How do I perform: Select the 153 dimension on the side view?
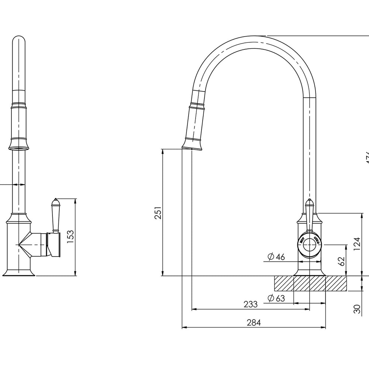click(70, 237)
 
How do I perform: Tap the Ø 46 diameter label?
click(276, 257)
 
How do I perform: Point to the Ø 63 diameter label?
click(276, 299)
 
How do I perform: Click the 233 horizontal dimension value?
click(251, 304)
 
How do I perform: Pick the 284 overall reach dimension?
click(254, 323)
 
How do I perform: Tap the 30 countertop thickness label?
click(356, 309)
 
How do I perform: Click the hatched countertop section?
click(310, 283)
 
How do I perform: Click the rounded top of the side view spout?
click(20, 40)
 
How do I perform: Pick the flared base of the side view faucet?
click(19, 272)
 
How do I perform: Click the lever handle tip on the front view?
click(310, 203)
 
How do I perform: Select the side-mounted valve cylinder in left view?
click(54, 244)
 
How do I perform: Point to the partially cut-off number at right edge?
click(366, 157)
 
